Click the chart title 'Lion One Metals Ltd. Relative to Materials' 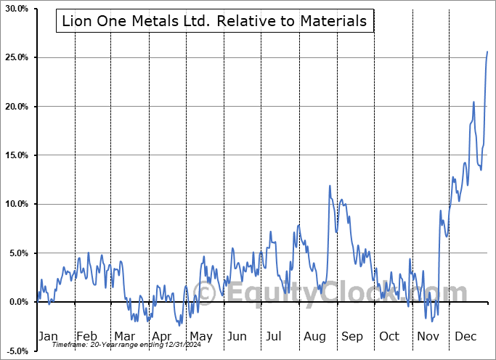tap(214, 21)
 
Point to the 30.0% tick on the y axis tap(15, 9)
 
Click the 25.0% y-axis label tap(15, 57)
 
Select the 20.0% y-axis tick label tap(15, 107)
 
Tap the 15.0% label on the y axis tap(15, 155)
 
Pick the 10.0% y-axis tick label tap(15, 204)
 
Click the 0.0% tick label tap(17, 302)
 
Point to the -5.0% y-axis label tap(15, 351)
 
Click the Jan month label tap(47, 337)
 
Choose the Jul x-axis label tap(274, 337)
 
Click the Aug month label tap(314, 337)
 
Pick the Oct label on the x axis tap(389, 337)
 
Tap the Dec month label tap(465, 337)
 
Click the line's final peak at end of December tap(487, 52)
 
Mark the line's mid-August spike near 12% tap(330, 186)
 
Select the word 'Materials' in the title tap(335, 21)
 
